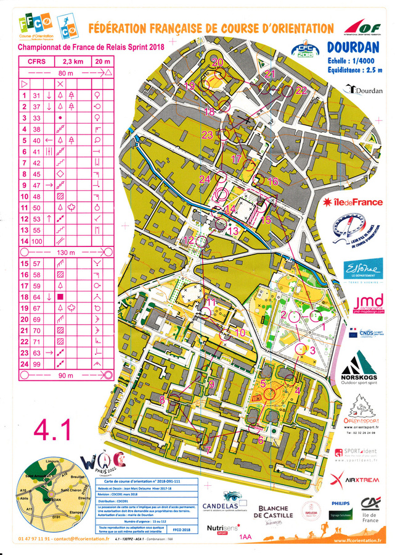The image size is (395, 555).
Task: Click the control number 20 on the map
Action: point(218,62)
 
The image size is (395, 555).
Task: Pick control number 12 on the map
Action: point(189,240)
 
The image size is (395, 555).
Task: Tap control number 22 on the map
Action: point(301,90)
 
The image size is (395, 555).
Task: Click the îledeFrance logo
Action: point(354,202)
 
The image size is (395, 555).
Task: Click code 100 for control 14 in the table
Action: point(36,241)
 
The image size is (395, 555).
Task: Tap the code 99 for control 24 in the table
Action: point(36,364)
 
